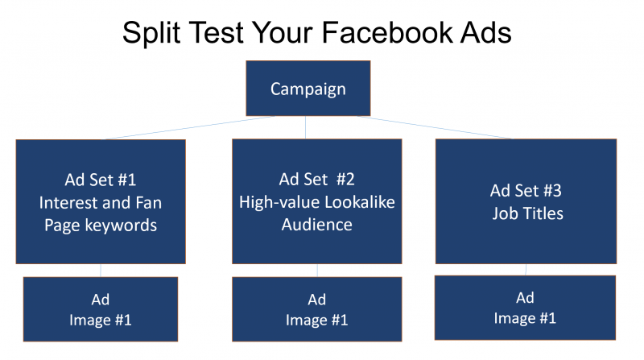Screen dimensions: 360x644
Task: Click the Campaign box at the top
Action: tap(308, 88)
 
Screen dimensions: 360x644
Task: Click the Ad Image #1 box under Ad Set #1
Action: tap(100, 309)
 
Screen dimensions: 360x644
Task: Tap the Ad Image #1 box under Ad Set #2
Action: tap(316, 309)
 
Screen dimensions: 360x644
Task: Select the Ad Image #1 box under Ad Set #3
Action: tap(525, 308)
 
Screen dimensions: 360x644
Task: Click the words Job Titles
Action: tap(526, 213)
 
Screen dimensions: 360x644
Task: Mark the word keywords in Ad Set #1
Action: tap(124, 225)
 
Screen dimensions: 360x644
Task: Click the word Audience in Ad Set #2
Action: tap(316, 225)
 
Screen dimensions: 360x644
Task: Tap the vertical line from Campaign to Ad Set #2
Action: tap(306, 127)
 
